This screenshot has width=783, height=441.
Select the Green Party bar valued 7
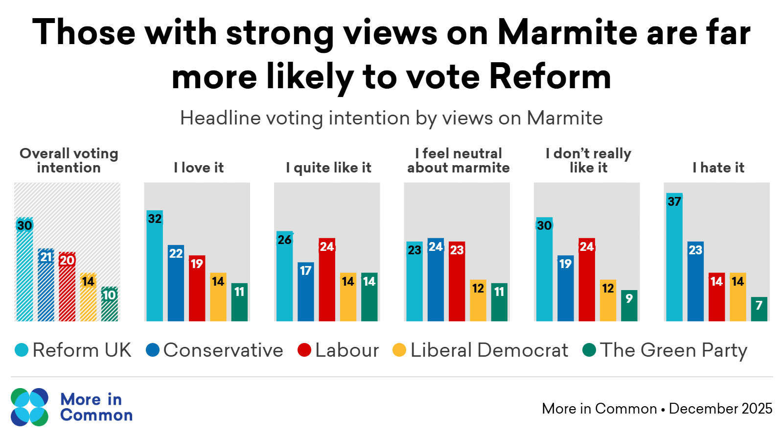pos(759,310)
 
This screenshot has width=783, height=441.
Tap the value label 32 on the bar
pos(155,219)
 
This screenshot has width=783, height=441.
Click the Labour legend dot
pos(304,350)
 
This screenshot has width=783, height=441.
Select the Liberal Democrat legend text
pos(489,350)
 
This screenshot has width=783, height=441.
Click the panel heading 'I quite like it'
pos(328,168)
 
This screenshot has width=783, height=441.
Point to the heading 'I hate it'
pos(718,168)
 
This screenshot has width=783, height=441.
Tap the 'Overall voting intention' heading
pos(69,161)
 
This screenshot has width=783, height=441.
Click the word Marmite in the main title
pos(567,32)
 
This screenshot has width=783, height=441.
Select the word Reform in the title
pos(550,76)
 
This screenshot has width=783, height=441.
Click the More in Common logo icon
pos(29,407)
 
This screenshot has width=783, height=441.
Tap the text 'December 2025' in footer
pos(720,409)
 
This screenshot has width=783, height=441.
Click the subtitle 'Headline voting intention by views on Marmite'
pos(391,118)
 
